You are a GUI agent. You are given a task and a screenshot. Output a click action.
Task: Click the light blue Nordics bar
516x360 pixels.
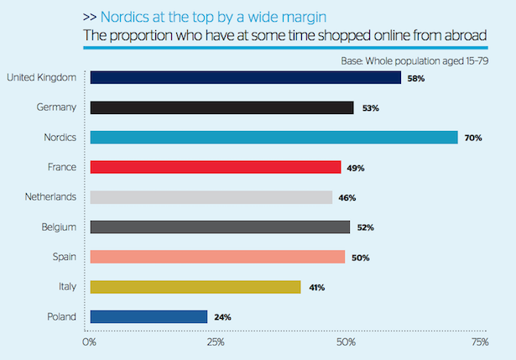(274, 138)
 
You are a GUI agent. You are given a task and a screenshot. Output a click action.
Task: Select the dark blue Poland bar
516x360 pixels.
(149, 316)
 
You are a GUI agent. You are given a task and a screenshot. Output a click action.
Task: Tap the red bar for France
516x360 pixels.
(215, 167)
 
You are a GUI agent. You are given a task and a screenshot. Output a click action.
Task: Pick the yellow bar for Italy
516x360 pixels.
(195, 287)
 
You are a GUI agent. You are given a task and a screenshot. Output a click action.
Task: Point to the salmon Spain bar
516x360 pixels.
(217, 257)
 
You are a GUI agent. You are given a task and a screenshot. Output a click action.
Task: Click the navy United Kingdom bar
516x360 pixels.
(245, 78)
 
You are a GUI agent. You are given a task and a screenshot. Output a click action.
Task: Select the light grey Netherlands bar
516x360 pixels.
(211, 197)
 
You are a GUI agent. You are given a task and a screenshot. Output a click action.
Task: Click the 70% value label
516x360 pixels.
(473, 138)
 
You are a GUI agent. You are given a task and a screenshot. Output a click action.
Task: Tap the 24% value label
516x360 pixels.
(222, 317)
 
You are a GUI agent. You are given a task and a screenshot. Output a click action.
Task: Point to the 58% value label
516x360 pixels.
(416, 78)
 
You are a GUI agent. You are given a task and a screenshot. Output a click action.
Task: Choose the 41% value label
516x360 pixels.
(315, 287)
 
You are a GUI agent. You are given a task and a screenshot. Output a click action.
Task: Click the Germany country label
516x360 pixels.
(58, 107)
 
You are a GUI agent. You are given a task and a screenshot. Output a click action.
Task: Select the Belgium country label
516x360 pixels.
(59, 227)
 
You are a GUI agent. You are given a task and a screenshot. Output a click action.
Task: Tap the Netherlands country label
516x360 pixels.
(51, 197)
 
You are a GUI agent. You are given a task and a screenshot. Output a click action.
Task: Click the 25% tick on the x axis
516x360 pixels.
(216, 342)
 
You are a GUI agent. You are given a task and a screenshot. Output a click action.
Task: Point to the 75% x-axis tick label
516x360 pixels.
(480, 342)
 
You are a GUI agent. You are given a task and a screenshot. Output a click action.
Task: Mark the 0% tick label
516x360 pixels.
(90, 342)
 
